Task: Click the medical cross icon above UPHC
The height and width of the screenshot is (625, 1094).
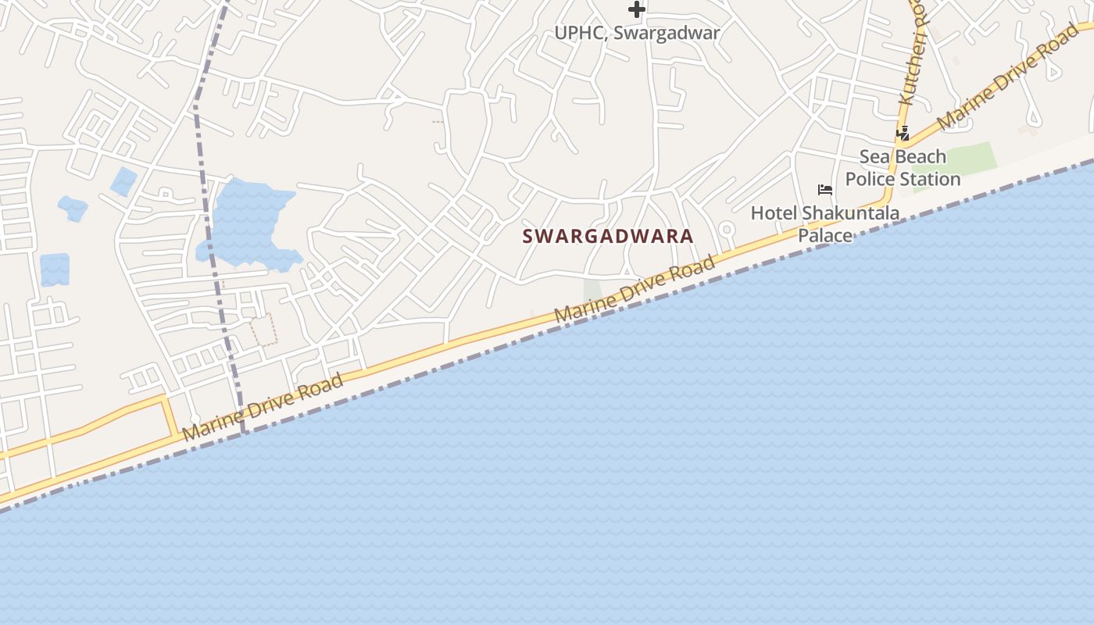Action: (x=637, y=9)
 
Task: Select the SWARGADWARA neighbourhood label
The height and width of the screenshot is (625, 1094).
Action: (x=607, y=236)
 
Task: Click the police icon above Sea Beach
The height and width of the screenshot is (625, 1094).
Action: (x=903, y=134)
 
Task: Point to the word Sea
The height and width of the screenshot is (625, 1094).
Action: (x=874, y=157)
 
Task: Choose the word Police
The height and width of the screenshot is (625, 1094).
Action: (x=871, y=179)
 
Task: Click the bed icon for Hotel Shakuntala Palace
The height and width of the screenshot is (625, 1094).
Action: (x=824, y=190)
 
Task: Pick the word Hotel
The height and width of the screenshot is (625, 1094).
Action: (x=773, y=212)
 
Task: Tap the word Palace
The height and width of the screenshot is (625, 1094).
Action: (x=824, y=234)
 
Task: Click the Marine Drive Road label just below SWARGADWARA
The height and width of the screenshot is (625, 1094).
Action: (x=634, y=289)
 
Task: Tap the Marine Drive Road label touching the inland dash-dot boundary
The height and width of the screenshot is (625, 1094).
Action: (x=263, y=407)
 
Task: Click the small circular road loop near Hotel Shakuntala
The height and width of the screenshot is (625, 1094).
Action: (x=727, y=230)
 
